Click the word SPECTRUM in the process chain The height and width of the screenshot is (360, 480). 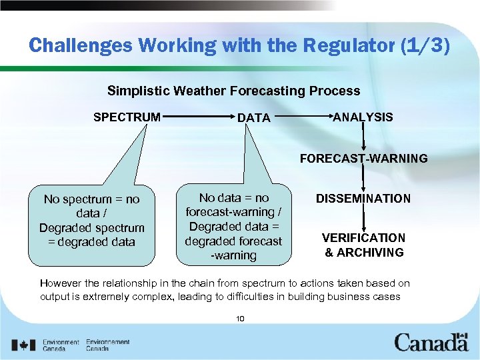click(x=127, y=117)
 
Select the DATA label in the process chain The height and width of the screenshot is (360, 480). click(x=254, y=118)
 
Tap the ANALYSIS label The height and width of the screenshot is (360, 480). click(x=363, y=117)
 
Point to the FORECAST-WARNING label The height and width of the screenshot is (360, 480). click(x=363, y=159)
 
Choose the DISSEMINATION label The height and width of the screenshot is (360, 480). click(x=363, y=199)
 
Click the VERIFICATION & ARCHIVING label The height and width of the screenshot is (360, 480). click(x=363, y=245)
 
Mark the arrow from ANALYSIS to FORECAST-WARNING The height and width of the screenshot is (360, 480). click(x=363, y=138)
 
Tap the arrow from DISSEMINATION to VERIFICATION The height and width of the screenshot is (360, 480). click(x=363, y=218)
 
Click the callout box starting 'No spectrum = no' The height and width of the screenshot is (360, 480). click(x=91, y=221)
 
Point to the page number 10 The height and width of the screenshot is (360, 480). click(x=240, y=319)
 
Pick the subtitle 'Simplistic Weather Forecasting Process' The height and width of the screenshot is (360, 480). click(x=233, y=91)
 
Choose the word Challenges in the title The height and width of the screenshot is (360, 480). click(x=83, y=45)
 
